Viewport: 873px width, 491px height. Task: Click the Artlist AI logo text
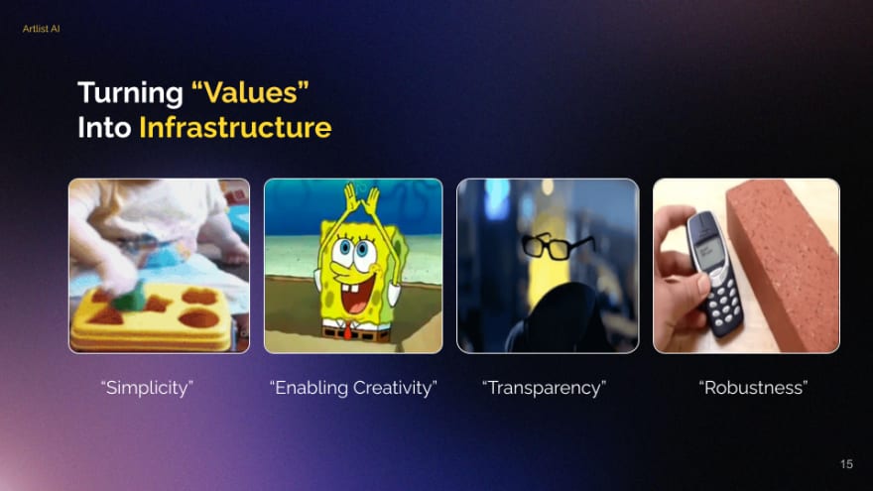point(42,29)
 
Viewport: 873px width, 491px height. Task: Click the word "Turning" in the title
point(130,93)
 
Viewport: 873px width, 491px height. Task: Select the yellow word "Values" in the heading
point(250,92)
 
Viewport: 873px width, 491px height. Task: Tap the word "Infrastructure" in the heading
point(235,128)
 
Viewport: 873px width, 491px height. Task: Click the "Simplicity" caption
point(147,388)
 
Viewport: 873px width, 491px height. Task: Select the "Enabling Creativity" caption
point(353,388)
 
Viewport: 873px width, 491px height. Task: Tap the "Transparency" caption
point(544,388)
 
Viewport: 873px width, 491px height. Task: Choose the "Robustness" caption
point(753,388)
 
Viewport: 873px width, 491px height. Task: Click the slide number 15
point(846,464)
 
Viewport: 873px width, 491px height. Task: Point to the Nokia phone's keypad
point(724,304)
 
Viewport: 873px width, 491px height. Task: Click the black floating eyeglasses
point(556,246)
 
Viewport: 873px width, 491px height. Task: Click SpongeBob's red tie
point(348,332)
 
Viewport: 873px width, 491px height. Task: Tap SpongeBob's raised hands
point(359,196)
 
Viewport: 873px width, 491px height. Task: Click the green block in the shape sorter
point(130,298)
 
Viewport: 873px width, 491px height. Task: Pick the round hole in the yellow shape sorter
point(199,319)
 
